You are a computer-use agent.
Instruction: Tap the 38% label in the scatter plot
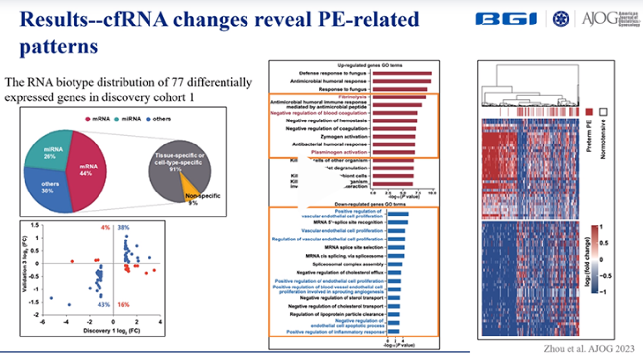click(124, 228)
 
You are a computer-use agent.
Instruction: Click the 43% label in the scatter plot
click(103, 305)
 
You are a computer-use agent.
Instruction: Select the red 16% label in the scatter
click(124, 305)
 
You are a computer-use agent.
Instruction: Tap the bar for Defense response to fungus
click(402, 73)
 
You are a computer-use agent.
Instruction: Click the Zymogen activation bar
click(394, 137)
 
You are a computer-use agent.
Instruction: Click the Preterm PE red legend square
click(589, 112)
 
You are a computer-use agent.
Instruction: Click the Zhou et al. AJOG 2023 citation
click(589, 349)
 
